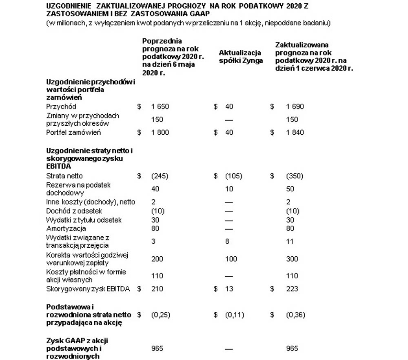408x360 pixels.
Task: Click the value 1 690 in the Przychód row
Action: click(295, 107)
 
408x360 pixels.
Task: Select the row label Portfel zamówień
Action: click(73, 133)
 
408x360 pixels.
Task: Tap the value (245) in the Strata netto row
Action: click(160, 176)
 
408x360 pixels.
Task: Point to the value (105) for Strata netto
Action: click(233, 176)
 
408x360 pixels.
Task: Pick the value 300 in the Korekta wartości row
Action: click(292, 259)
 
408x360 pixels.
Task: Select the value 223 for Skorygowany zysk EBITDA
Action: click(292, 289)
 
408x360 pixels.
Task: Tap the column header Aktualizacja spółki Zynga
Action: click(241, 57)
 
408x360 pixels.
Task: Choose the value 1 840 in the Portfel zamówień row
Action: click(295, 133)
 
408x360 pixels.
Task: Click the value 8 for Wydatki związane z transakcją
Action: click(227, 242)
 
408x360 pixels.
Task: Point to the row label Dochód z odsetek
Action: click(74, 211)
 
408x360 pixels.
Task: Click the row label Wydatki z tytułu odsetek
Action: click(84, 220)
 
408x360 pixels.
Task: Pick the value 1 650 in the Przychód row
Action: click(160, 107)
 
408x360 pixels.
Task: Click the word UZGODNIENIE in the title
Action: click(66, 7)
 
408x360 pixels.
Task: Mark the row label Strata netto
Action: click(64, 176)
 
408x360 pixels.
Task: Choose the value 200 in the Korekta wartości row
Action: click(157, 259)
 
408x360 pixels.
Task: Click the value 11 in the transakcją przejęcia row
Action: click(290, 242)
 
